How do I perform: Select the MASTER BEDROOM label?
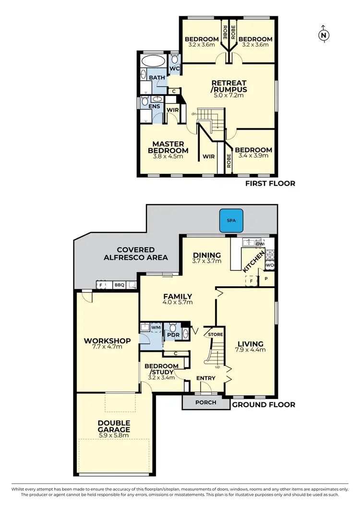pyautogui.click(x=170, y=147)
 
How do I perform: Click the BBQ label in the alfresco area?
pyautogui.click(x=119, y=285)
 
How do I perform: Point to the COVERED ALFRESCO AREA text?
pyautogui.click(x=136, y=254)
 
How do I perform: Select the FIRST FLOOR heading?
pyautogui.click(x=270, y=183)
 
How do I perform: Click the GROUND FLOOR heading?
pyautogui.click(x=264, y=405)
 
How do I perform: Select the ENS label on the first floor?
pyautogui.click(x=155, y=106)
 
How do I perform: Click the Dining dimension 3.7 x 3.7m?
pyautogui.click(x=206, y=262)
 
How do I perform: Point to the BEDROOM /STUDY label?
pyautogui.click(x=162, y=369)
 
